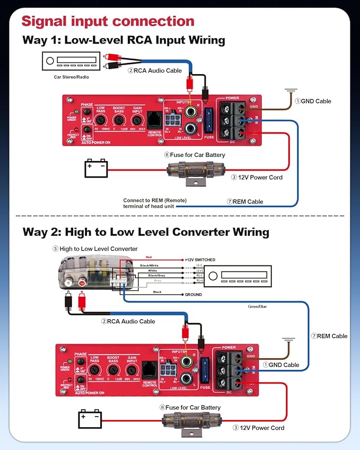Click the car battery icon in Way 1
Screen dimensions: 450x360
(96, 169)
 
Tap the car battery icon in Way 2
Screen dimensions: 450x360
(90, 420)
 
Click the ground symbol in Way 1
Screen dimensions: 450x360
(291, 91)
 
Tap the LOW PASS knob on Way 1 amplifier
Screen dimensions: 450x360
(100, 120)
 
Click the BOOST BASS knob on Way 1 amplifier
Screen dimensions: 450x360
(119, 120)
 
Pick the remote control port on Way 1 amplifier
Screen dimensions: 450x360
(154, 118)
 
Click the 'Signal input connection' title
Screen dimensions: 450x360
(108, 21)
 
